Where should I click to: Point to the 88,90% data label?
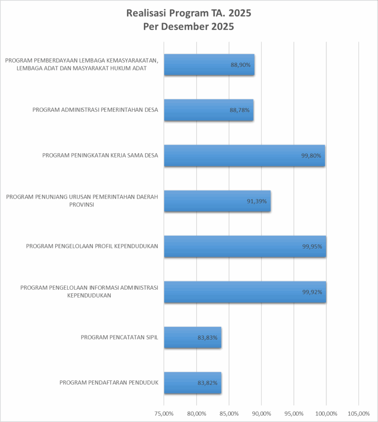click(x=241, y=65)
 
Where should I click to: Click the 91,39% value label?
click(x=257, y=201)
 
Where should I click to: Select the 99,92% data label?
click(x=312, y=292)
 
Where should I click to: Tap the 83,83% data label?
click(x=207, y=338)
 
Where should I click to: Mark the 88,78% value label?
click(x=239, y=110)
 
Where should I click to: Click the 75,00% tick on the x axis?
click(x=164, y=413)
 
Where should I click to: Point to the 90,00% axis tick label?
click(x=261, y=413)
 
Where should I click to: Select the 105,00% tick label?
click(x=359, y=413)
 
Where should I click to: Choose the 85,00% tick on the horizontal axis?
click(x=229, y=413)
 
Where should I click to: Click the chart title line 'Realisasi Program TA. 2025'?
click(x=188, y=14)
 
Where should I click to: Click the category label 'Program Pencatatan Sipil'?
click(x=120, y=337)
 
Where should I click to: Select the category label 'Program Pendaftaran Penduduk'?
click(x=109, y=382)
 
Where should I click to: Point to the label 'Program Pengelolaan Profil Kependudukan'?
click(x=92, y=246)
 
